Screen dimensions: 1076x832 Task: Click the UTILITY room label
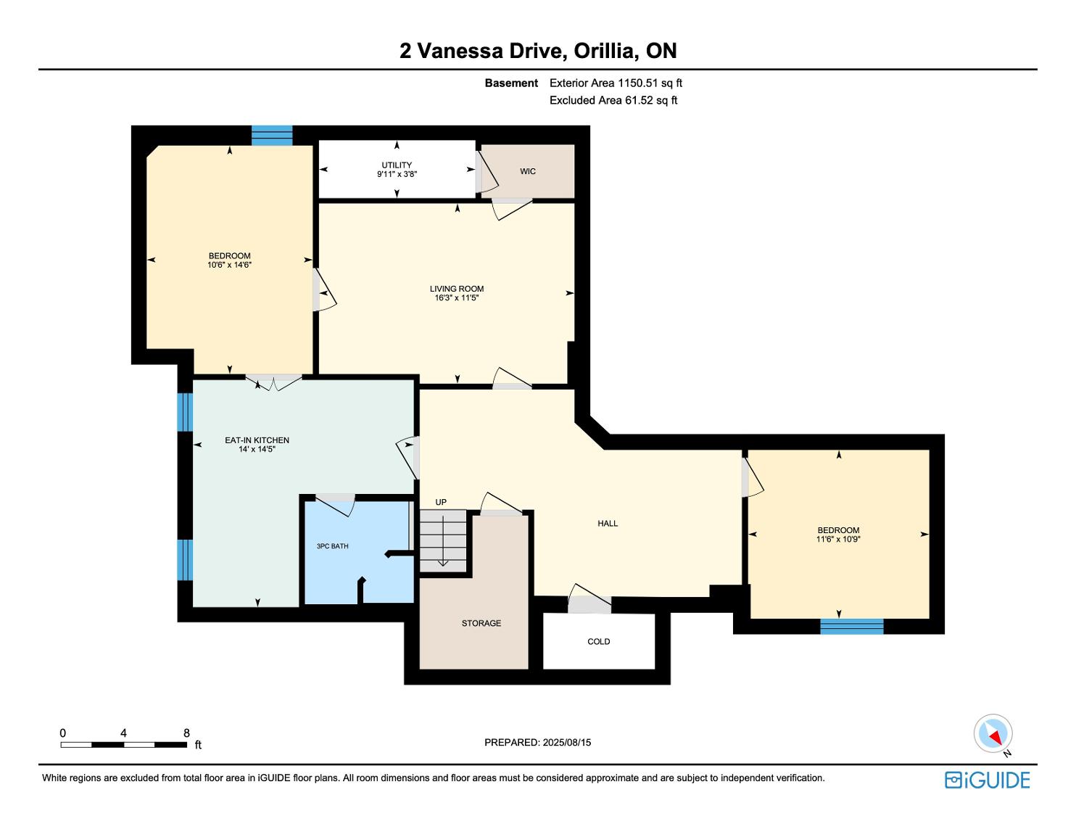pos(397,165)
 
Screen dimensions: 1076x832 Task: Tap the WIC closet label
pos(528,171)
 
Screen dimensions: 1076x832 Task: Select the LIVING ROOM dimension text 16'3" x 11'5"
pos(457,297)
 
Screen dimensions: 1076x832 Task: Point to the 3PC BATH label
pos(333,546)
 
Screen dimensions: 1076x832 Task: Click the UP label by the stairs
pos(441,502)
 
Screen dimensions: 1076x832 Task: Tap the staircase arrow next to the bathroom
pos(443,540)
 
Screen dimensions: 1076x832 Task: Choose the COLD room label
pos(599,641)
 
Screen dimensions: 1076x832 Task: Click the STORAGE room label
pos(481,623)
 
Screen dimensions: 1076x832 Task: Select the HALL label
pos(608,524)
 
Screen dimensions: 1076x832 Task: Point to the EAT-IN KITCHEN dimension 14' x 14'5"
pos(257,449)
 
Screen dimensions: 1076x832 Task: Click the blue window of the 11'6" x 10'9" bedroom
pos(852,626)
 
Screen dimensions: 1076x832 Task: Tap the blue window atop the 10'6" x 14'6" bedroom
pos(272,135)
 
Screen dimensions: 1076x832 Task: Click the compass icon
pos(993,733)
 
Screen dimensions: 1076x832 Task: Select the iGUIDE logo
pos(988,780)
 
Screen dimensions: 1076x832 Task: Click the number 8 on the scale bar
pos(186,733)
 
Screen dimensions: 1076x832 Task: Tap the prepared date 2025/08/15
pos(567,742)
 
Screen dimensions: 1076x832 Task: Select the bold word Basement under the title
pos(511,83)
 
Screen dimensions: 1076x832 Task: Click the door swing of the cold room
pos(589,598)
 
